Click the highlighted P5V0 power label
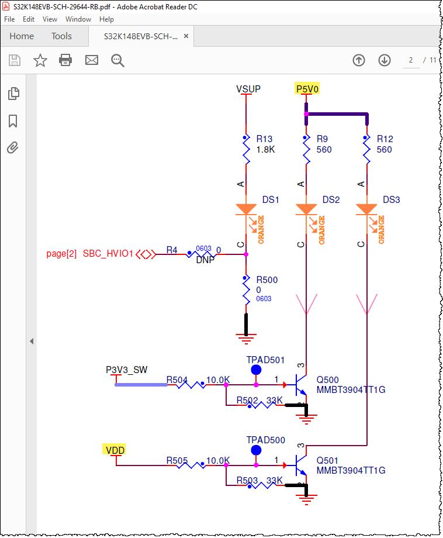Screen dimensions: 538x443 (307, 89)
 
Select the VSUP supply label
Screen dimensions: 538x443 (248, 89)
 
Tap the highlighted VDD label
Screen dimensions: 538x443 (115, 450)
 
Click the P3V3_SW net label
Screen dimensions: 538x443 (126, 370)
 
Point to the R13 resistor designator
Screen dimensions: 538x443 (265, 139)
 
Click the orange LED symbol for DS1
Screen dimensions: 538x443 (246, 209)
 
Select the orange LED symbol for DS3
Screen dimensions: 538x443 (366, 209)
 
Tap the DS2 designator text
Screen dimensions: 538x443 (331, 199)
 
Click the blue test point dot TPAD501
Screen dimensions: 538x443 (256, 370)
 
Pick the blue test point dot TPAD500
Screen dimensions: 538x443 (256, 450)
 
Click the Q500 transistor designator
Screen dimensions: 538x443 (327, 380)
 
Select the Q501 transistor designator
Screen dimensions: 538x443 (327, 460)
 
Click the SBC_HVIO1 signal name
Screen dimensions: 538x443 (108, 254)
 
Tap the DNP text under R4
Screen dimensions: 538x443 (205, 260)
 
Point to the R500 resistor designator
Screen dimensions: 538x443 (267, 280)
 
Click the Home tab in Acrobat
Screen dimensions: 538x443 (22, 36)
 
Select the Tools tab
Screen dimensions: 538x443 (61, 36)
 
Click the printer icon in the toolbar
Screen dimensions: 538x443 (65, 60)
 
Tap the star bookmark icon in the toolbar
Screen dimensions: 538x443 (40, 60)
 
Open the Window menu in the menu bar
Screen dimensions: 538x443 (78, 19)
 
